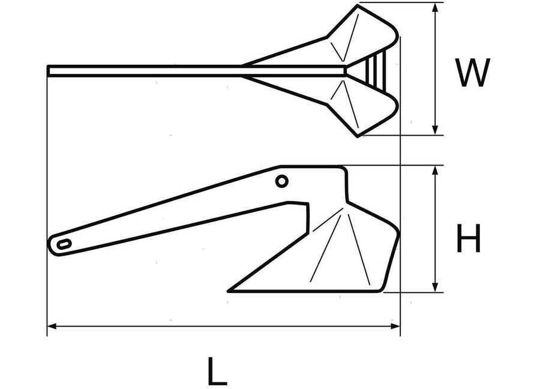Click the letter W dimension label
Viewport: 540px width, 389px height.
pyautogui.click(x=472, y=73)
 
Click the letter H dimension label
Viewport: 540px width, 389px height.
pyautogui.click(x=468, y=238)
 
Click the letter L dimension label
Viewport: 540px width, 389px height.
pyautogui.click(x=218, y=371)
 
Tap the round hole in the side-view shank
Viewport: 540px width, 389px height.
pyautogui.click(x=282, y=181)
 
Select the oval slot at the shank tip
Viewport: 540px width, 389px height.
pyautogui.click(x=64, y=244)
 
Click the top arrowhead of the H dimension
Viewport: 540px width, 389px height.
pyautogui.click(x=436, y=171)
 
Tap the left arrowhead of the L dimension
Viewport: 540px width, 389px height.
pyautogui.click(x=52, y=326)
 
